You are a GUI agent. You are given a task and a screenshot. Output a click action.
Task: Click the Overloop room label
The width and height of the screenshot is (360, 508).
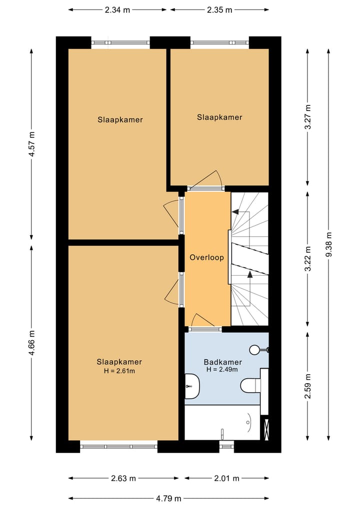206,258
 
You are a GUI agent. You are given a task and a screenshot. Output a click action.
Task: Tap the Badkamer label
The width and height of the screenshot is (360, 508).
222,362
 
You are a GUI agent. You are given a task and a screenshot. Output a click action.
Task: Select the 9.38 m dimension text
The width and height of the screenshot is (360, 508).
328,245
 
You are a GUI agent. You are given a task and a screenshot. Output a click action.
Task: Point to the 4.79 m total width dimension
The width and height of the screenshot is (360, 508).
168,499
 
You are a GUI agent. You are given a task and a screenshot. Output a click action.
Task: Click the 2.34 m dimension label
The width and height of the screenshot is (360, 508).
117,10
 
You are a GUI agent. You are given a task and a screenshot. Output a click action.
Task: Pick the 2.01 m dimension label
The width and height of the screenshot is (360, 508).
226,478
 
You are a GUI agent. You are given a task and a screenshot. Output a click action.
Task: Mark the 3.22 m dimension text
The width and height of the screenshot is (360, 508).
308,259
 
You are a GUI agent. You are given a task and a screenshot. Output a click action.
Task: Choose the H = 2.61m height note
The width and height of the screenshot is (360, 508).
119,371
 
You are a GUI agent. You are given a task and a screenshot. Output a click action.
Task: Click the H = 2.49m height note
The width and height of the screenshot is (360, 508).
222,369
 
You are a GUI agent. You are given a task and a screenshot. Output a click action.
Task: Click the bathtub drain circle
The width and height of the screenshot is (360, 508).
248,422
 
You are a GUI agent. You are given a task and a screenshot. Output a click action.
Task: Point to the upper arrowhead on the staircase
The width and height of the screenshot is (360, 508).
236,212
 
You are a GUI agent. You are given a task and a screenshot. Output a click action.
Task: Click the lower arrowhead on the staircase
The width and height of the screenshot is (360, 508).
249,274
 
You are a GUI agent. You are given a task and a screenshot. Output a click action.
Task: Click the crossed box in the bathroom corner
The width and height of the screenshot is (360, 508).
266,430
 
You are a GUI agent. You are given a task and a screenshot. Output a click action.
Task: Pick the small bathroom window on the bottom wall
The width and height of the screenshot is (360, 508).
226,447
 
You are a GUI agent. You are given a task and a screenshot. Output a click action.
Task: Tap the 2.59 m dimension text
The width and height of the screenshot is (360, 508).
308,386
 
